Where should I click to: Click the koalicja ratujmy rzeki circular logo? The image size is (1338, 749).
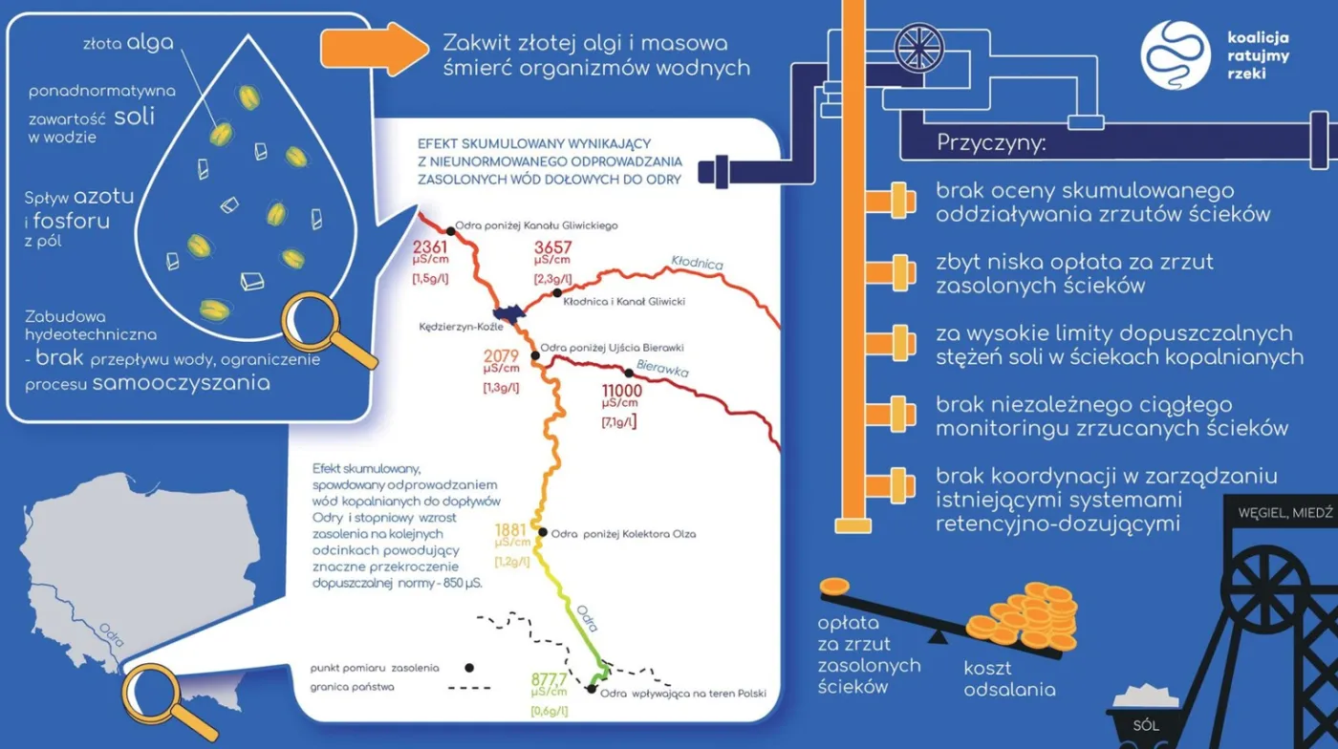1176,55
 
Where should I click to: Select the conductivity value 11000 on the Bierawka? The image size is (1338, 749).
621,391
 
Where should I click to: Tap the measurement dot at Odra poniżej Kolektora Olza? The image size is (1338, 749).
542,532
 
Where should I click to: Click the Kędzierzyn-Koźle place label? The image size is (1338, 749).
453,327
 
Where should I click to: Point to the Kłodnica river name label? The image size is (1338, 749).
697,262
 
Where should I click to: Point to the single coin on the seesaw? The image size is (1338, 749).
834,586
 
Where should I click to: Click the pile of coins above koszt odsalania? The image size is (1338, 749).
1023,616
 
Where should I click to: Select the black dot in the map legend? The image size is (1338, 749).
469,667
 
